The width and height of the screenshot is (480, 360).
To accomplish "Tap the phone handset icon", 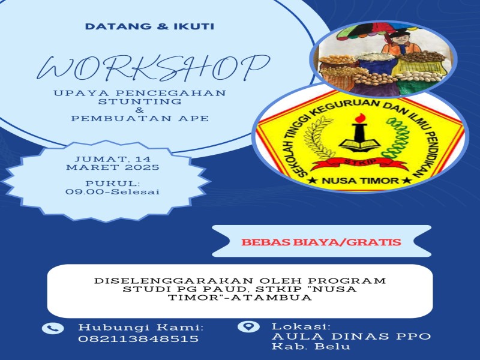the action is (x=53, y=328).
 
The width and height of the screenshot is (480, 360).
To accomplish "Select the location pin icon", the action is (x=248, y=326).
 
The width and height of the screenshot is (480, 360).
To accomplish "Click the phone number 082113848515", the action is (x=139, y=339).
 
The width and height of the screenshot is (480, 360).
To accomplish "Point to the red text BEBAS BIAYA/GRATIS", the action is (x=321, y=242).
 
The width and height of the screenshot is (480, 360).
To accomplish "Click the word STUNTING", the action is (x=140, y=101).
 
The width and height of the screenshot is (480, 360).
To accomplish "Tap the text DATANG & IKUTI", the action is (x=149, y=26).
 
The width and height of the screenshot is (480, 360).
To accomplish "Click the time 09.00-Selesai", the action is (x=113, y=192).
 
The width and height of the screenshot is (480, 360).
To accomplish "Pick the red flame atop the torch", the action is (x=360, y=118).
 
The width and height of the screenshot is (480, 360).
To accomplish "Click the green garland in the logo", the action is (x=397, y=139).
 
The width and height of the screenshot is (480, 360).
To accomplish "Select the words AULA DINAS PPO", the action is (x=352, y=337).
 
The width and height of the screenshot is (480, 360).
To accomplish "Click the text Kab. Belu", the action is (x=311, y=346).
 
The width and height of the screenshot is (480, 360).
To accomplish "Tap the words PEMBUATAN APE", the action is (x=140, y=118).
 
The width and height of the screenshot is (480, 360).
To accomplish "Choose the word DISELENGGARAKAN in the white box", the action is (x=173, y=280).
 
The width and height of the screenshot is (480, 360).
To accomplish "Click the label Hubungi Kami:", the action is (x=141, y=327).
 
